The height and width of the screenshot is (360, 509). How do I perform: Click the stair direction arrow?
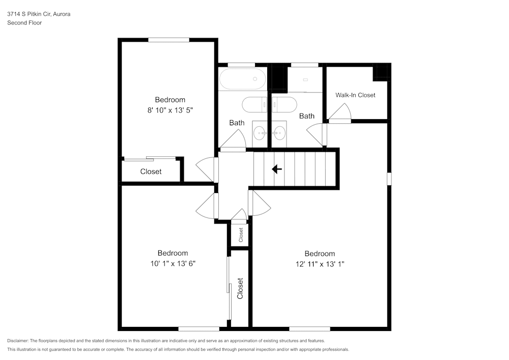[x=277, y=169]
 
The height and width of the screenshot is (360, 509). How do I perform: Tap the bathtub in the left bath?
[x=242, y=79]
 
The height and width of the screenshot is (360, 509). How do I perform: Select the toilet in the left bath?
[x=254, y=104]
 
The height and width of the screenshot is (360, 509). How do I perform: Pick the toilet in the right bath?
[x=284, y=104]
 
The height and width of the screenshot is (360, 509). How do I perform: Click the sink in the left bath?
[x=260, y=134]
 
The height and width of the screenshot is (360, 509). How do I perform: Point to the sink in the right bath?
[x=278, y=134]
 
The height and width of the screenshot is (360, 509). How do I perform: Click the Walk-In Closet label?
[x=355, y=95]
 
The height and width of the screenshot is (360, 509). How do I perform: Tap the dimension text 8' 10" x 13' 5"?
[x=170, y=109]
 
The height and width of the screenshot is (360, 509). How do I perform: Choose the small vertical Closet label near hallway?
[x=241, y=234]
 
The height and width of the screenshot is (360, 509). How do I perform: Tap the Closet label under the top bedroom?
[x=151, y=172]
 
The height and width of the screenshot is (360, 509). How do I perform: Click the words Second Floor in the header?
[x=24, y=23]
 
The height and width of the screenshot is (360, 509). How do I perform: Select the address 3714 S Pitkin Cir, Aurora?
[x=39, y=14]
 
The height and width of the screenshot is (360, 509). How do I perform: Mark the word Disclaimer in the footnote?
[x=18, y=341]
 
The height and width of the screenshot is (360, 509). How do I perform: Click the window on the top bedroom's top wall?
[x=168, y=40]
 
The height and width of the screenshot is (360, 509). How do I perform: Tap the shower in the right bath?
[x=304, y=79]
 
